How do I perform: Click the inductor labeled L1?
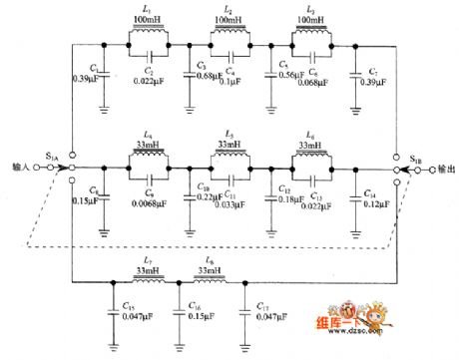[x=149, y=37]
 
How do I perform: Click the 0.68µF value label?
[x=207, y=77]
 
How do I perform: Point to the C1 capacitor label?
[x=92, y=68]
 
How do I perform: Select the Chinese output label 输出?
[x=443, y=169]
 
